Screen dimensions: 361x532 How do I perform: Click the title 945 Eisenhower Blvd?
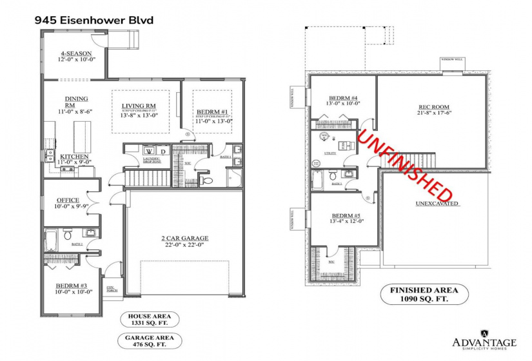click(x=94, y=20)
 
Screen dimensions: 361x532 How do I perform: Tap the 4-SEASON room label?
click(x=76, y=54)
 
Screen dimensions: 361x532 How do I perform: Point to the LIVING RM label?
click(x=139, y=106)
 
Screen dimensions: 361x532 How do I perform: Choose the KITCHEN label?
click(x=74, y=157)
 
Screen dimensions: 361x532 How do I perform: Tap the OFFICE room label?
click(x=68, y=200)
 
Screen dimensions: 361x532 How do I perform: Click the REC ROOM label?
click(x=433, y=106)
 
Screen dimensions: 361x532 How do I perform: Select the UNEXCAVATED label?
click(x=437, y=204)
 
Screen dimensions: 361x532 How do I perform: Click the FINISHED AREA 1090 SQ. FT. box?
click(x=419, y=295)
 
